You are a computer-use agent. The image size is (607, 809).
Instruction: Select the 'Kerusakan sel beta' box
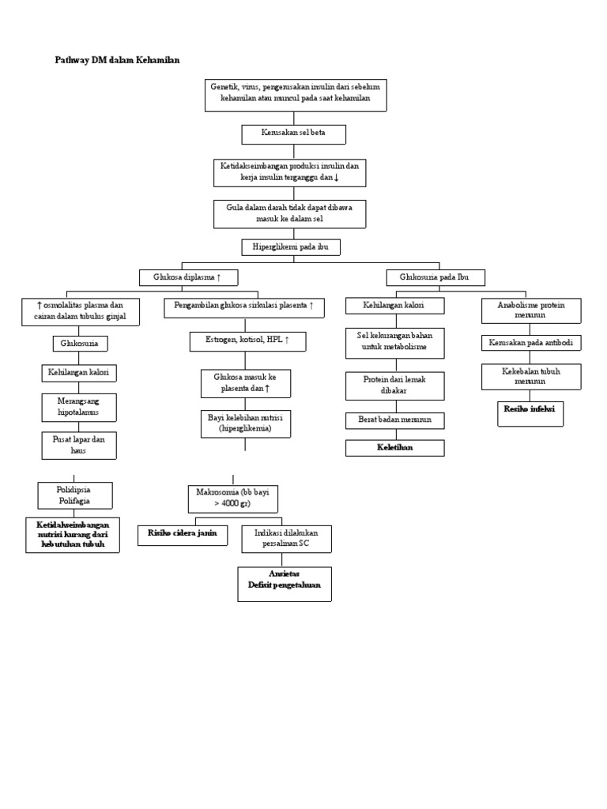point(293,134)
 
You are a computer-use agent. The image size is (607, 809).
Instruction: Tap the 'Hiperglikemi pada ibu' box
point(291,247)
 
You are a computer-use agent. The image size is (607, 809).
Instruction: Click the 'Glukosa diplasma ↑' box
point(189,277)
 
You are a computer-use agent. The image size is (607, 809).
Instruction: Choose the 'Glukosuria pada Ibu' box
point(435,277)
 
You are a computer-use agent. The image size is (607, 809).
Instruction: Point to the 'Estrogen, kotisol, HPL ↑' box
point(247,341)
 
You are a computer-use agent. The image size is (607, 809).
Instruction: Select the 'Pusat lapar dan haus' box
point(79,444)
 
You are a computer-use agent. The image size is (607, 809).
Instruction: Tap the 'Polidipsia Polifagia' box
point(75,495)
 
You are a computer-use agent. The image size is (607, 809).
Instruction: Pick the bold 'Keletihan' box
point(394,448)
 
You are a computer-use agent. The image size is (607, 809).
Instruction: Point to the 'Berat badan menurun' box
point(394,420)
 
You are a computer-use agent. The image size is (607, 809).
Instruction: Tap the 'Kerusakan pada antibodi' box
point(531,343)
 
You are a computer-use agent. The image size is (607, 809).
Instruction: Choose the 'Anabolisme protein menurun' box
point(531,310)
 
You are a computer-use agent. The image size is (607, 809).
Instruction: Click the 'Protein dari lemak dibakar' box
point(394,385)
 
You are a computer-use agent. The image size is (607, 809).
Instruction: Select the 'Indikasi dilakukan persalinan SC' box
point(286,539)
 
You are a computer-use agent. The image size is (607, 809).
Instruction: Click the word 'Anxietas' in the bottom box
point(285,574)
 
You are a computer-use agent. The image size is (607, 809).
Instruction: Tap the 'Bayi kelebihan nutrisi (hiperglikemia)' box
point(245,423)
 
